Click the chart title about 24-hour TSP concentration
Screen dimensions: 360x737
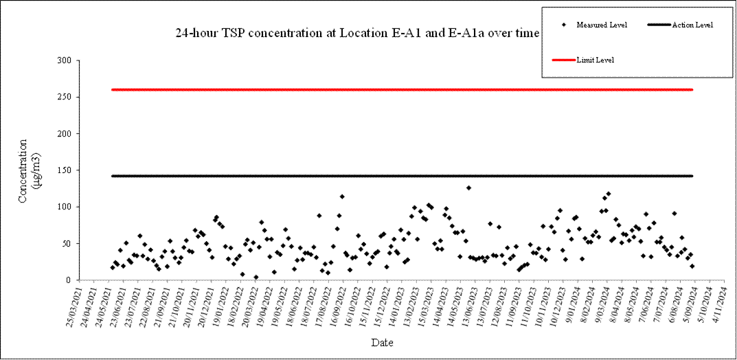point(357,33)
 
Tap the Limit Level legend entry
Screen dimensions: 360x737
point(595,60)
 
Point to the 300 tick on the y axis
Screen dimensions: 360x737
point(64,60)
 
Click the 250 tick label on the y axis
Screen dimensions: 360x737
point(64,97)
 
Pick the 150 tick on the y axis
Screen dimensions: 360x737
point(64,170)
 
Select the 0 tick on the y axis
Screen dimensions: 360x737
point(69,280)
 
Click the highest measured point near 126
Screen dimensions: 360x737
point(468,188)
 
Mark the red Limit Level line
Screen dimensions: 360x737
point(402,89)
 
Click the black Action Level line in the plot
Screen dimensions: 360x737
point(402,176)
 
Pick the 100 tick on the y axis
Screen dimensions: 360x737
point(64,207)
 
